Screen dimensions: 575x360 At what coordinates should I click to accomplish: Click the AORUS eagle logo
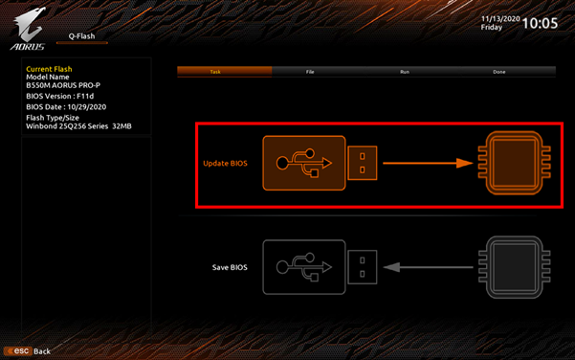(29, 29)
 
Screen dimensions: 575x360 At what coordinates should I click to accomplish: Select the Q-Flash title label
(81, 36)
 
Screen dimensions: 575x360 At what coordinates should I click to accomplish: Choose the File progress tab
(310, 72)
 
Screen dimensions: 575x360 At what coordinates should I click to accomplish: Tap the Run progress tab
(405, 72)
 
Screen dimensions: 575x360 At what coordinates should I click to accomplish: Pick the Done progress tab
(499, 72)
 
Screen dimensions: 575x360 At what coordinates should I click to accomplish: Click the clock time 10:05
(540, 23)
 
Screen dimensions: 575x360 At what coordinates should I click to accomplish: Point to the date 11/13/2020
(500, 19)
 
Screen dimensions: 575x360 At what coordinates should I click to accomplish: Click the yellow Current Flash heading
(49, 69)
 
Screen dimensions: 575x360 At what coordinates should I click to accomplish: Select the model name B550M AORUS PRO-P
(63, 85)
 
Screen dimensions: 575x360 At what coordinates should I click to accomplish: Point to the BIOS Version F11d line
(59, 96)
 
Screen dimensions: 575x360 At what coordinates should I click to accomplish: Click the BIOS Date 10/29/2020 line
(66, 107)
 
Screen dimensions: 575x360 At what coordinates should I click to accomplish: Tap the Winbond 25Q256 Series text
(67, 125)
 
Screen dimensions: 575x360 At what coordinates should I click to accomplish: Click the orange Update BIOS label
(225, 164)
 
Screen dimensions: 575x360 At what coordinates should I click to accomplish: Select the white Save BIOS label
(230, 267)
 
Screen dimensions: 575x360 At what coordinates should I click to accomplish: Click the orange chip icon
(514, 163)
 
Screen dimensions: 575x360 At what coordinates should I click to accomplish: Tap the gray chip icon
(514, 267)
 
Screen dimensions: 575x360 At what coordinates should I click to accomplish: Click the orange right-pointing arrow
(428, 163)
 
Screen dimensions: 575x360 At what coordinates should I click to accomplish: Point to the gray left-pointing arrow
(428, 267)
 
